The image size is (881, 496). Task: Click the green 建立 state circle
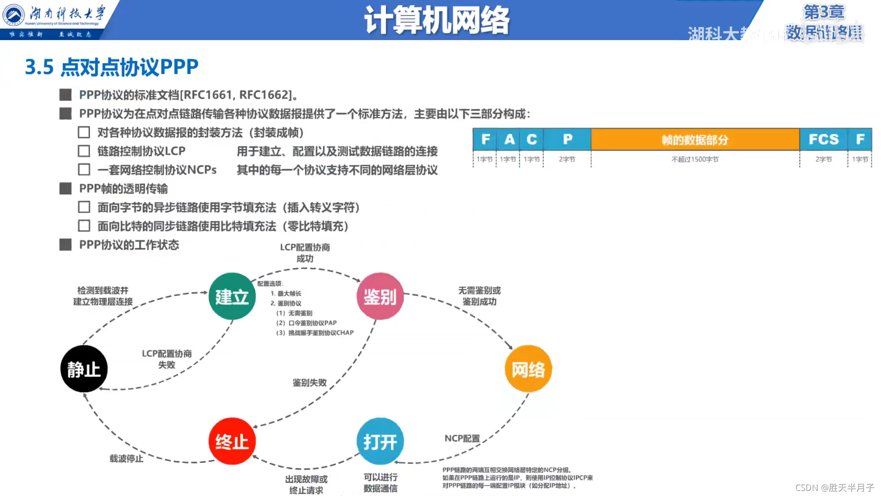point(232,297)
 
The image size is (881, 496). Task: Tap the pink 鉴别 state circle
point(380,297)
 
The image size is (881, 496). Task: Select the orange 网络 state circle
point(528,369)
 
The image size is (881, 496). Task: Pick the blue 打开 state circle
point(380,441)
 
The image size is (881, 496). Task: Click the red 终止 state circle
point(232,441)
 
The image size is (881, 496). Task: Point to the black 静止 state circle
point(84,369)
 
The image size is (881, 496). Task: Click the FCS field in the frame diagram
point(823,139)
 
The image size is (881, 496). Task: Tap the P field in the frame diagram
point(568,139)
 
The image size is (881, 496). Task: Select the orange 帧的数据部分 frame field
point(695,140)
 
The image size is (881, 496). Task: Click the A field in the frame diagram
point(509,139)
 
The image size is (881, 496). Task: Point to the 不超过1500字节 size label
point(695,159)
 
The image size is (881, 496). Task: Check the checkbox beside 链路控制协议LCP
point(84,151)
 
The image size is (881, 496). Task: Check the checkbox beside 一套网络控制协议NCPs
point(84,170)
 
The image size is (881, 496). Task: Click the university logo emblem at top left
point(14,15)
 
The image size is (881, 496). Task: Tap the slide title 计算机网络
point(436,20)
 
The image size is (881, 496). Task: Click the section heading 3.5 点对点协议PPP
point(112,67)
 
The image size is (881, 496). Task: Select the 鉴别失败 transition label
point(310,383)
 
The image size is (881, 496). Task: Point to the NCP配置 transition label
point(462,439)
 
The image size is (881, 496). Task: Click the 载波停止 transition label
point(126,458)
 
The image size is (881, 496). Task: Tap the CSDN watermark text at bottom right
point(835,487)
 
